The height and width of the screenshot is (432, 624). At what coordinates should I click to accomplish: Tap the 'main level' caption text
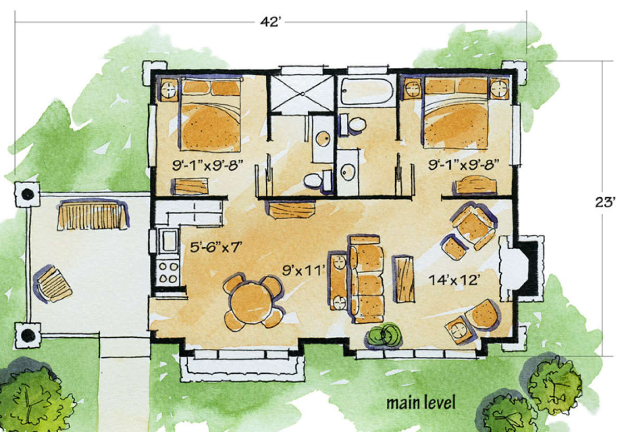pyautogui.click(x=421, y=402)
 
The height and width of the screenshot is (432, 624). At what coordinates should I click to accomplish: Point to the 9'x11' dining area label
pyautogui.click(x=303, y=269)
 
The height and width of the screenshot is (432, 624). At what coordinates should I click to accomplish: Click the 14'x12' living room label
pyautogui.click(x=453, y=279)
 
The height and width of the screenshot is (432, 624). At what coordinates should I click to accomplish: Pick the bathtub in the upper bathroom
pyautogui.click(x=367, y=92)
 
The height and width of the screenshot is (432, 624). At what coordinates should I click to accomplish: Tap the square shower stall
pyautogui.click(x=301, y=93)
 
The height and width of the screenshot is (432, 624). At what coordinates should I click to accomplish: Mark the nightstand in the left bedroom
pyautogui.click(x=168, y=90)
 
